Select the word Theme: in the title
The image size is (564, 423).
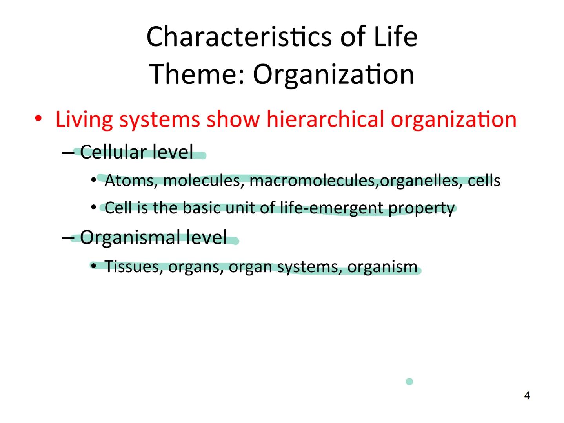(x=197, y=74)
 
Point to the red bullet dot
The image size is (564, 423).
(x=38, y=118)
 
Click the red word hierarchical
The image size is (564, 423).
(x=325, y=119)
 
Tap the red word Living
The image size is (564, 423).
(x=84, y=119)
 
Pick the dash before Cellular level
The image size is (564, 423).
(x=68, y=152)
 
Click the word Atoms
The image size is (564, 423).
(x=131, y=181)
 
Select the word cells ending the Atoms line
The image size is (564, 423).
(x=484, y=181)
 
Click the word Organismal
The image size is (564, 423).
(x=129, y=237)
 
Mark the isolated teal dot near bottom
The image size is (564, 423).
(x=409, y=381)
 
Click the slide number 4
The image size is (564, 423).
(x=527, y=396)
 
